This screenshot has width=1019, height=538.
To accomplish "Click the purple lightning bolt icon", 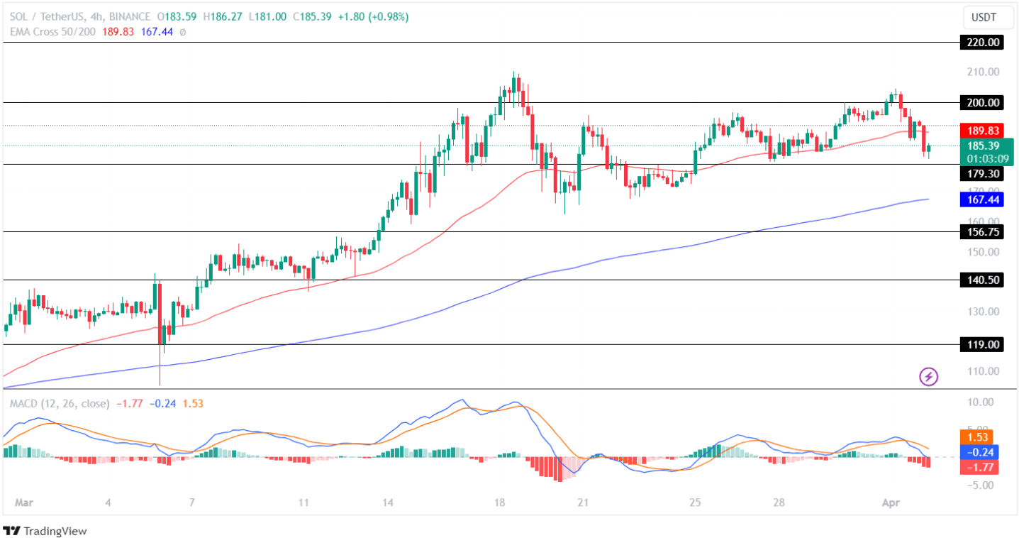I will point(929,377).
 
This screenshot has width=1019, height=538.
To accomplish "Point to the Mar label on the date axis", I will point(23,503).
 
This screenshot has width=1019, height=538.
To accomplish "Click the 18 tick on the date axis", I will point(500,503).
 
